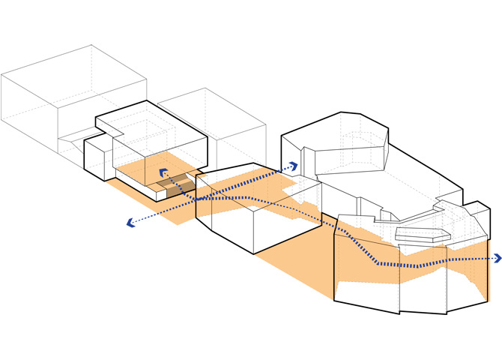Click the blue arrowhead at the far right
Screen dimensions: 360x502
coord(498,259)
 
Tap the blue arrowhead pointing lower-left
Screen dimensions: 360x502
coord(130,222)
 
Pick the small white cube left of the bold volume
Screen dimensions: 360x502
coord(96,157)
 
